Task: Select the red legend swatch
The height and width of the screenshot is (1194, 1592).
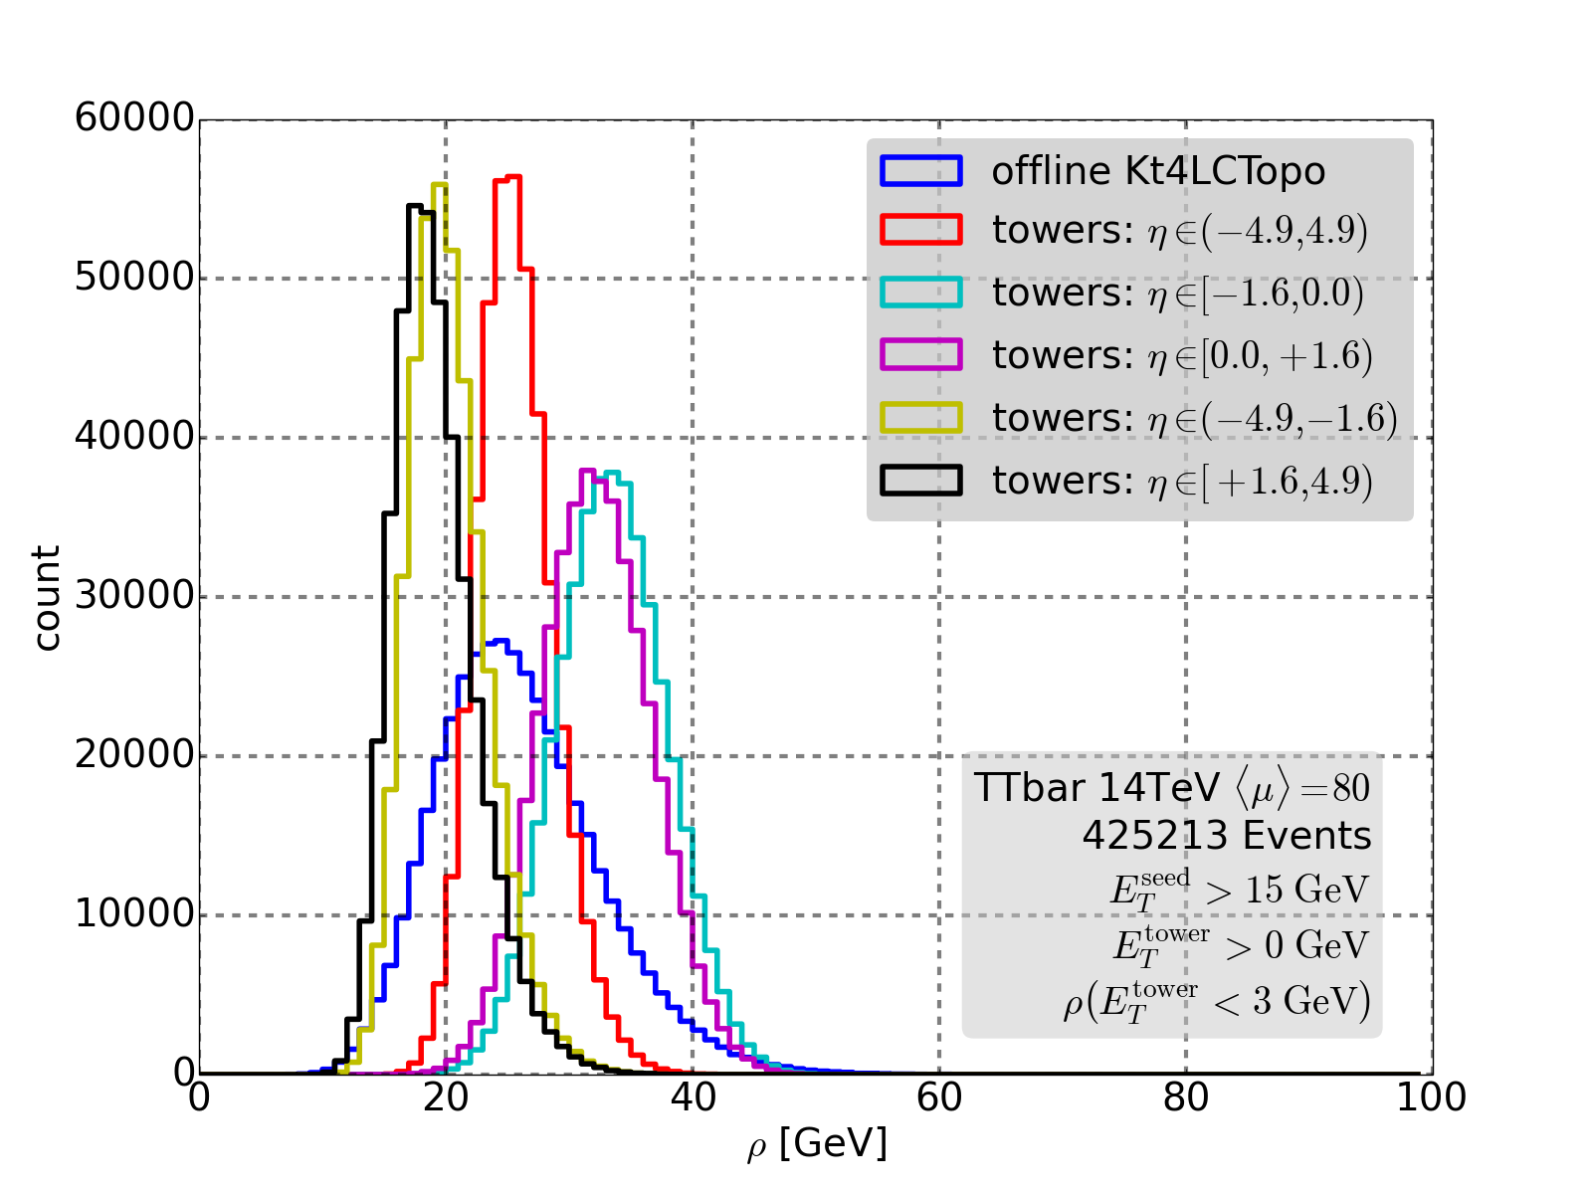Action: coord(920,230)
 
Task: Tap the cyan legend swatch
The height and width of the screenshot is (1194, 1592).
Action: coord(920,293)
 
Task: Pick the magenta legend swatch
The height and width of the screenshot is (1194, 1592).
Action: coord(920,355)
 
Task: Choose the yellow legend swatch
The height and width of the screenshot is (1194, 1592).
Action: coord(920,418)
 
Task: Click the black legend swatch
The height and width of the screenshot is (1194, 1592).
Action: coord(920,480)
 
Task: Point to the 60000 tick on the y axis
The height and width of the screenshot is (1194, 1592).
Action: coord(134,118)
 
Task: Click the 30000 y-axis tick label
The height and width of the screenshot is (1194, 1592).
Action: coord(134,596)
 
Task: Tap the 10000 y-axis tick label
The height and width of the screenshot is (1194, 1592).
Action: coord(134,914)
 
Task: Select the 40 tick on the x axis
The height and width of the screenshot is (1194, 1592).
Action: coord(693,1098)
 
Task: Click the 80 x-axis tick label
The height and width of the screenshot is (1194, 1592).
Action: coord(1186,1098)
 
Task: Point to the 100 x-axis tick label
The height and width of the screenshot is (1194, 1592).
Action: coord(1431,1098)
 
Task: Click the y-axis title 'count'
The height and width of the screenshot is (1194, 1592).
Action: coord(47,597)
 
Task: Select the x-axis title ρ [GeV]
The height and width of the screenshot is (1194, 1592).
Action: coord(816,1144)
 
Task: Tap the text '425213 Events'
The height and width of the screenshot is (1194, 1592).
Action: coord(1226,836)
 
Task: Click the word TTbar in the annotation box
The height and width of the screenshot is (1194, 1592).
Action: coord(1029,788)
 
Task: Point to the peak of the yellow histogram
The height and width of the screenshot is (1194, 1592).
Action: coord(439,184)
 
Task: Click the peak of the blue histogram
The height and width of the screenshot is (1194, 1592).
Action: coord(500,641)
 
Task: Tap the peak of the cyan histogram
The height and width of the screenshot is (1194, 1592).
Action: coord(612,473)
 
